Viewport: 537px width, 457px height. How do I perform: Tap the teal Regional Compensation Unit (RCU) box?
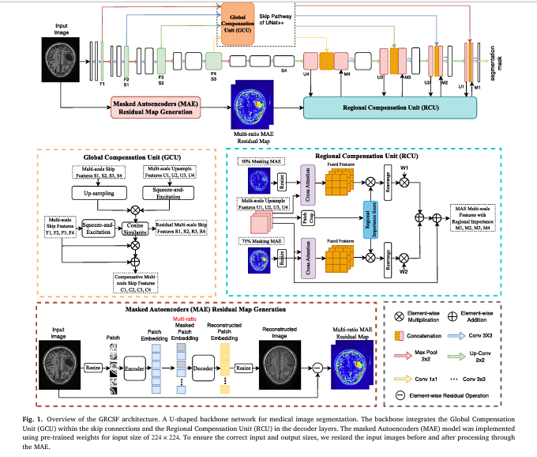tap(383, 105)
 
